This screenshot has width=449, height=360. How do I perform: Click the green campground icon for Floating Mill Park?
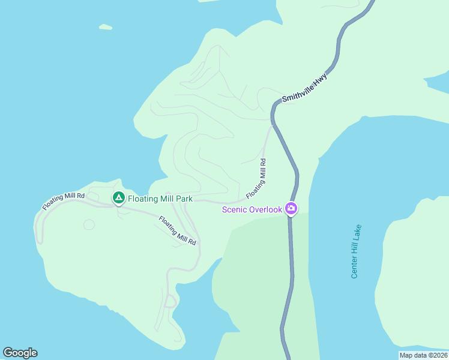[119, 197]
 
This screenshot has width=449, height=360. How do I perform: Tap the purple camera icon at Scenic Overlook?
[291, 209]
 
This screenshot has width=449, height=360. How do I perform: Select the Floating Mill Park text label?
[160, 199]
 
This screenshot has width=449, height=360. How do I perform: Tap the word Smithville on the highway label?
[299, 90]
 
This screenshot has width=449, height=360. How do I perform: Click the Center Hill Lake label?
[356, 251]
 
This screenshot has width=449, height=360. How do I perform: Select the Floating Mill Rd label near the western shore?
[63, 201]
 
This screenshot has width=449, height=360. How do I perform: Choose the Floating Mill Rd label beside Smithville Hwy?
[256, 179]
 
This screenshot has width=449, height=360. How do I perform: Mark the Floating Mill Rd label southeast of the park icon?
[178, 230]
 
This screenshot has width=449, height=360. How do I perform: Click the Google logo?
[20, 353]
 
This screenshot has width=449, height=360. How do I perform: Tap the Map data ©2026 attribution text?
[423, 355]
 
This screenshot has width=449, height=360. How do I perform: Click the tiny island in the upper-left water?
[106, 27]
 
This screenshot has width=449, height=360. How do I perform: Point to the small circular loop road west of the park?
[89, 225]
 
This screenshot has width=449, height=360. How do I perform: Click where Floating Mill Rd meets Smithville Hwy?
[272, 125]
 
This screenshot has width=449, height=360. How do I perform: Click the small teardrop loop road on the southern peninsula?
[170, 301]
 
